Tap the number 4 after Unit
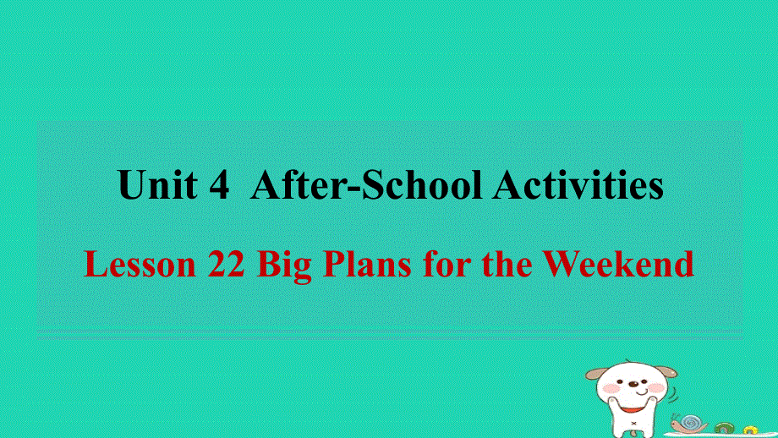coord(217,186)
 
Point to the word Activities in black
coord(578,186)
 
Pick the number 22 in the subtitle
coord(226,265)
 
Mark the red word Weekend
coord(618,265)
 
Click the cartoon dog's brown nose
coord(633,383)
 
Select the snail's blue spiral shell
coord(693,422)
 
